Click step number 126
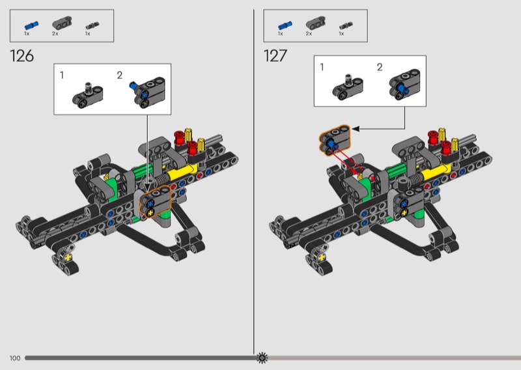tap(22, 56)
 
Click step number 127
tap(275, 56)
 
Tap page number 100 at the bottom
tap(15, 358)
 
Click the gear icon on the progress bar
tap(262, 358)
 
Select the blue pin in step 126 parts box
tap(31, 25)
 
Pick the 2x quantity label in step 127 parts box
tap(309, 34)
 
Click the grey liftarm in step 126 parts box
tap(61, 23)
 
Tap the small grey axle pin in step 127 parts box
tap(346, 25)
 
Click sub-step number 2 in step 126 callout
tap(120, 75)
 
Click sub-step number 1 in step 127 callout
tap(322, 67)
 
